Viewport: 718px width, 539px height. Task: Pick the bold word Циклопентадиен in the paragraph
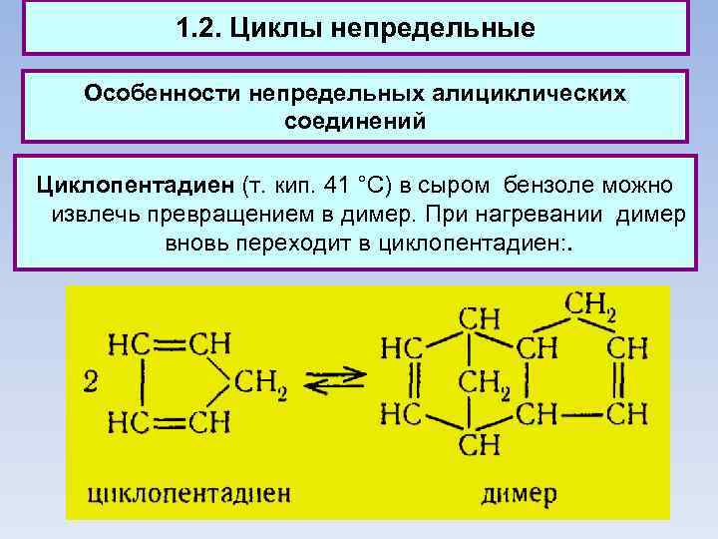tap(135, 186)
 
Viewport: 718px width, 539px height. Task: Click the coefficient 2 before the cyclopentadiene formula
tap(91, 380)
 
